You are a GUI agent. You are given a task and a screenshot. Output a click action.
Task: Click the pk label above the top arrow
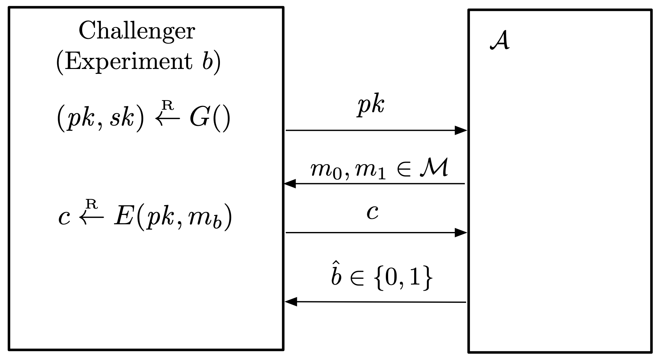371,106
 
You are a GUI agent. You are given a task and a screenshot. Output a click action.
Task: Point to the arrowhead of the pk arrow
461,130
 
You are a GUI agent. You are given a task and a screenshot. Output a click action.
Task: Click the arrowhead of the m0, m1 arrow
290,184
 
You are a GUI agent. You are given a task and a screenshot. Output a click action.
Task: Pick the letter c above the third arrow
372,213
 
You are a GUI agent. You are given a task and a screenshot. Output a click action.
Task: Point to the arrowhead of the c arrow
461,233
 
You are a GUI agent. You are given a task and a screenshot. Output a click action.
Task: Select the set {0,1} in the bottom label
403,278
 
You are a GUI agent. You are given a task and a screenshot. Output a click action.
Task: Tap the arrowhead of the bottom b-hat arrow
291,302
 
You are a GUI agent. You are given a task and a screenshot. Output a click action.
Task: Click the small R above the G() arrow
168,105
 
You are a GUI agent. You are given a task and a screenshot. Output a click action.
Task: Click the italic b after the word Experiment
208,61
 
